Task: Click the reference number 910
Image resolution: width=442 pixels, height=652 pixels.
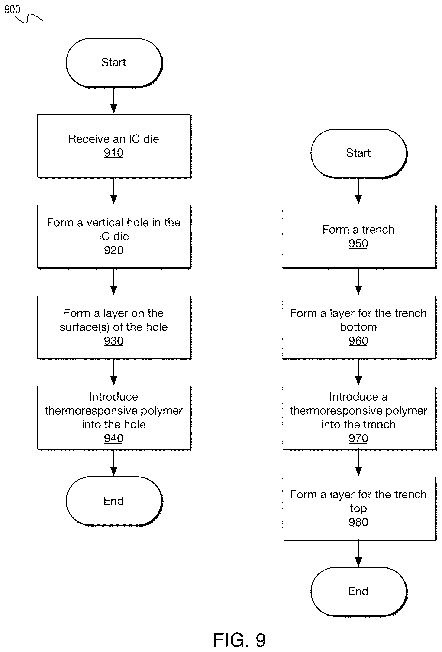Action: click(x=113, y=153)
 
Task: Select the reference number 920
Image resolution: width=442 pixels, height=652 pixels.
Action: click(x=113, y=250)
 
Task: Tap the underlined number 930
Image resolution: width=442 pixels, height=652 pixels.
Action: click(x=113, y=341)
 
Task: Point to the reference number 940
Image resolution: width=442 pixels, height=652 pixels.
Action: click(x=113, y=438)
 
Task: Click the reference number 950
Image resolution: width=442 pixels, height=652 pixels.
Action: click(x=358, y=244)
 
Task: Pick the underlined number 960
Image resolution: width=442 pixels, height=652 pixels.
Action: click(x=358, y=341)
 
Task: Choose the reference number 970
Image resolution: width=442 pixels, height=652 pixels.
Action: click(x=358, y=438)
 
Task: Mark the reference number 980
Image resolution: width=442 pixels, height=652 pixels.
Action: click(x=358, y=522)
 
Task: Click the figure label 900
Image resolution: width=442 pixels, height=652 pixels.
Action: click(x=12, y=10)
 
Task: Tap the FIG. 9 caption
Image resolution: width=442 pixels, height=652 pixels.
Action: click(x=239, y=640)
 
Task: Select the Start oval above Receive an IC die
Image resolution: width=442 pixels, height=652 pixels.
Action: click(x=114, y=63)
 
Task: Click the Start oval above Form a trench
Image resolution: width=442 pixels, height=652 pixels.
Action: click(x=359, y=153)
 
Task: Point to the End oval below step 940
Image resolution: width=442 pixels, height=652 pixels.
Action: click(x=114, y=501)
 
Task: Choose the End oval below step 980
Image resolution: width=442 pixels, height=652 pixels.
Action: click(x=359, y=592)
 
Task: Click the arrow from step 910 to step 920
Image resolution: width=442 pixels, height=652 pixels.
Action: click(x=114, y=191)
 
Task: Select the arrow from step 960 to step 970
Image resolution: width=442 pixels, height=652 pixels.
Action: click(x=358, y=372)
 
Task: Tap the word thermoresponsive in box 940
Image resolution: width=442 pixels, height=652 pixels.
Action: click(x=91, y=411)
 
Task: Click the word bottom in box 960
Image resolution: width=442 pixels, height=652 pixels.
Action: click(x=358, y=327)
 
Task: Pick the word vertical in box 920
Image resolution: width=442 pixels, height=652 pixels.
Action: click(x=105, y=222)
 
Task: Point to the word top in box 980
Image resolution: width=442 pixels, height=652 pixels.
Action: click(x=358, y=508)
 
